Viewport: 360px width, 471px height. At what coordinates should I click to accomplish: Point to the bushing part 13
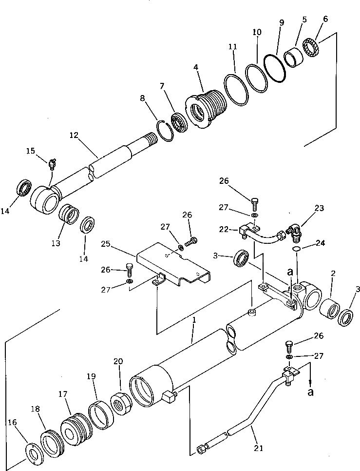tap(69, 215)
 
